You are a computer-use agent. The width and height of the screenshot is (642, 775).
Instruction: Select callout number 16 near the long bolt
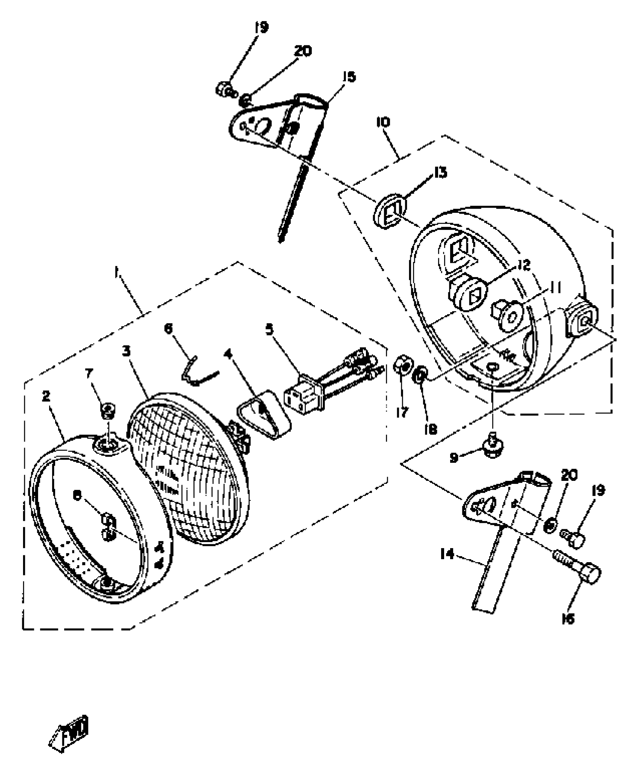568,619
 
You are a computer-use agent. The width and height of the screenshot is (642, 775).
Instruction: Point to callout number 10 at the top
383,122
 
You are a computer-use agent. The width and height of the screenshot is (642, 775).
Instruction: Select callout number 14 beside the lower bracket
447,555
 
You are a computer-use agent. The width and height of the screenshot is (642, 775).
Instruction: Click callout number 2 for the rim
46,396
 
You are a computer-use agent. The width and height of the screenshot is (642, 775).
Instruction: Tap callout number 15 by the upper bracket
349,77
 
